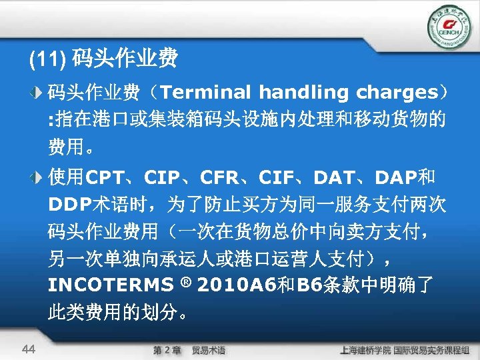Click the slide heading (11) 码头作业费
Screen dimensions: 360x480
pyautogui.click(x=103, y=61)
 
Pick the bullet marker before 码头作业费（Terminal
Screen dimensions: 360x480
pyautogui.click(x=39, y=92)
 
